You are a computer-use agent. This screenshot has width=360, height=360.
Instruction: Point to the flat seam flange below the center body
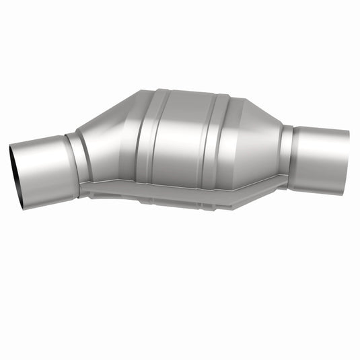pos(182,192)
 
